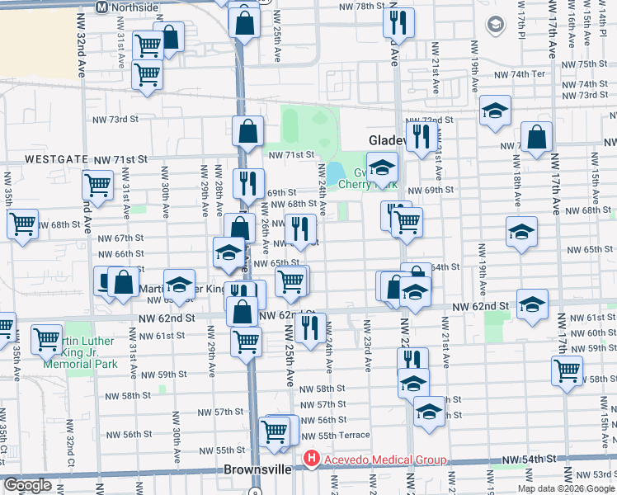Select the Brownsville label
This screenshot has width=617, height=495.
(x=257, y=469)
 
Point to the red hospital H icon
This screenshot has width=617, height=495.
(x=311, y=459)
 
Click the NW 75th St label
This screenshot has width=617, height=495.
(x=592, y=64)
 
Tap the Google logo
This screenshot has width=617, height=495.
(x=28, y=485)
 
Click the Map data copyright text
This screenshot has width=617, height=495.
(x=566, y=488)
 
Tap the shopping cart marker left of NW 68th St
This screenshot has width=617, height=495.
(x=22, y=223)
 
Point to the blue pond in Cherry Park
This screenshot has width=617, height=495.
(x=336, y=173)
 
